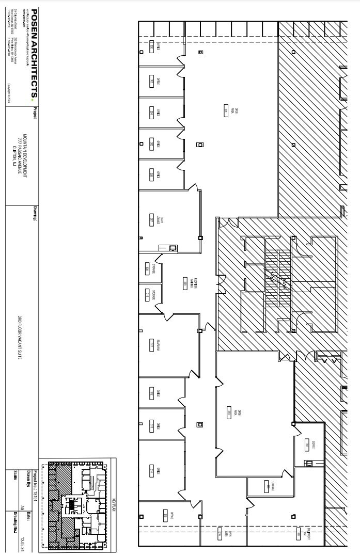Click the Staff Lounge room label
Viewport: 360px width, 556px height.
point(158,220)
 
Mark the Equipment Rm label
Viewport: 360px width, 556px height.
point(308,534)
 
